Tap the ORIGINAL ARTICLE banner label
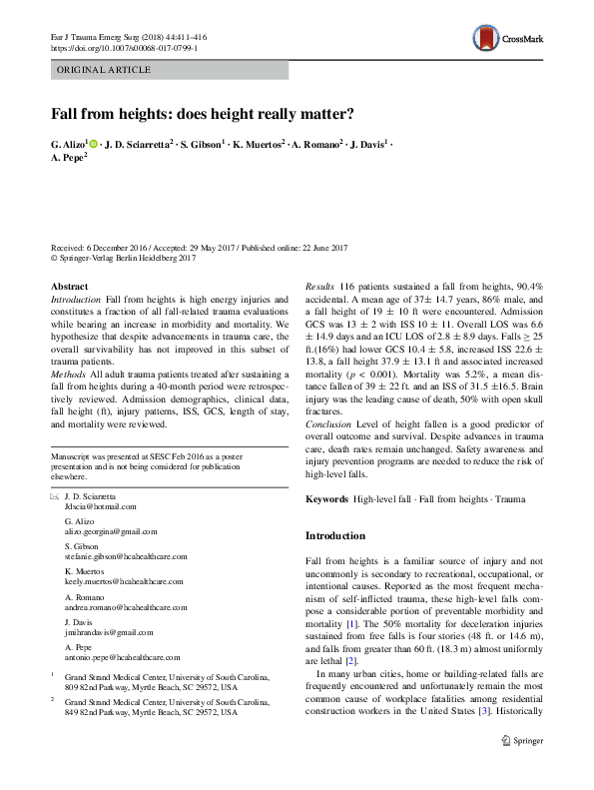click(104, 70)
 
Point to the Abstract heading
click(69, 287)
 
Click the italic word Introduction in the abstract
click(76, 300)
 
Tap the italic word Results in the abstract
click(320, 287)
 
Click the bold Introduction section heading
click(335, 536)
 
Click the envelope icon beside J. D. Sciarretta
click(53, 496)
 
